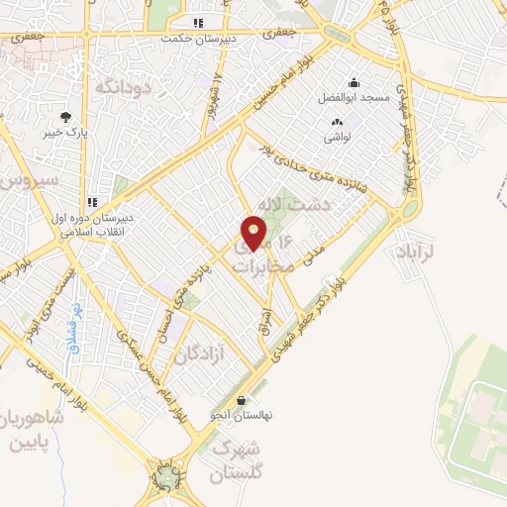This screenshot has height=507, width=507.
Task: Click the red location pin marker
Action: click(x=254, y=235)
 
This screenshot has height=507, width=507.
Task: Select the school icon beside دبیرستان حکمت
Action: click(x=198, y=22)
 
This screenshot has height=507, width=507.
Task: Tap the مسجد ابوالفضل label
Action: click(x=352, y=98)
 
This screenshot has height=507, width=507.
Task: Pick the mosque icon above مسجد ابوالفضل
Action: click(x=354, y=82)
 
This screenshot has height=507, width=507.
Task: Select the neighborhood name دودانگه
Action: click(x=122, y=87)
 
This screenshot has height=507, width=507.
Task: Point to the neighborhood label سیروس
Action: click(x=24, y=182)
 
